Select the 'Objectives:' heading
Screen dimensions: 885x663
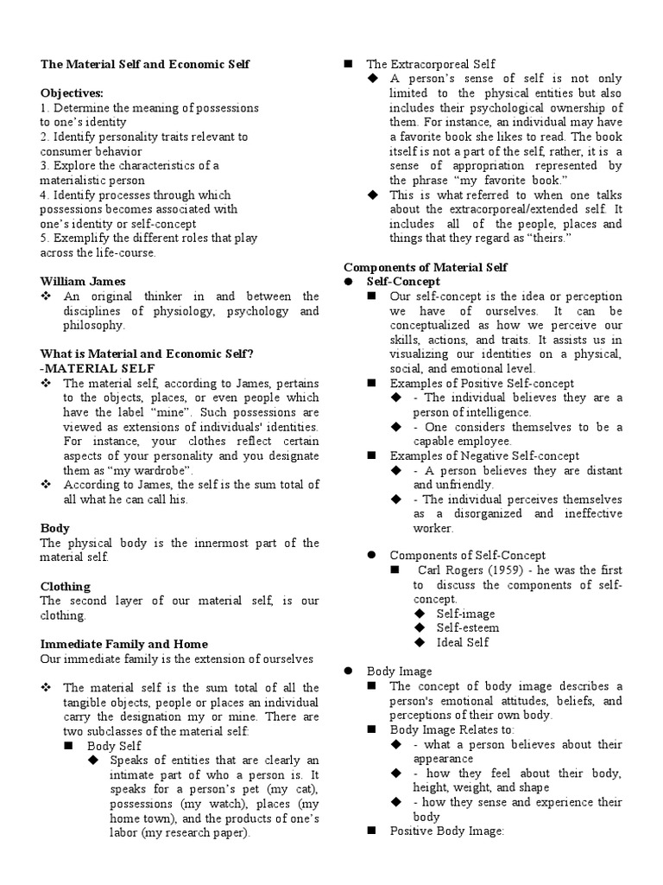73,93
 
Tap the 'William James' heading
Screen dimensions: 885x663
83,282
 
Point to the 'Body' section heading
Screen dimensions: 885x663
55,528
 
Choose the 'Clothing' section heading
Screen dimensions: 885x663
66,586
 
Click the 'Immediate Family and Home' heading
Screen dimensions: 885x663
124,644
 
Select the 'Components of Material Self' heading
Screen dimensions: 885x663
426,267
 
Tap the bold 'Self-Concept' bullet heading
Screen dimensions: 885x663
403,282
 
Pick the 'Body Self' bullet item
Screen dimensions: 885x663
114,745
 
